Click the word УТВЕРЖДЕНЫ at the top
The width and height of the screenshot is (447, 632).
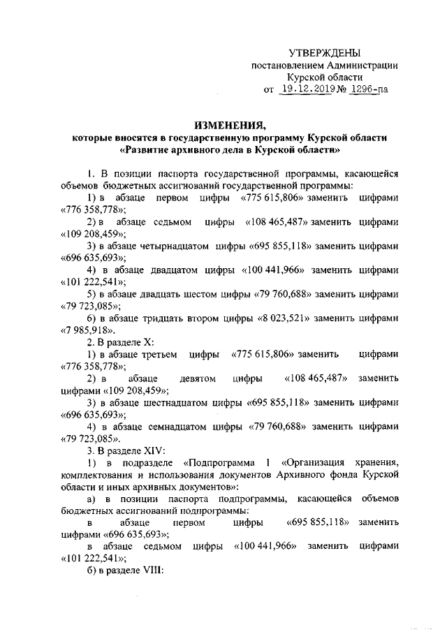coord(325,53)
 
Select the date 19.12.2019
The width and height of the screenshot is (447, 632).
coord(309,89)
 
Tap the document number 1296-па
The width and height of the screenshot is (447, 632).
coord(369,89)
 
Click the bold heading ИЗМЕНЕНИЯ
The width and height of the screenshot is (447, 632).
coord(230,125)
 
